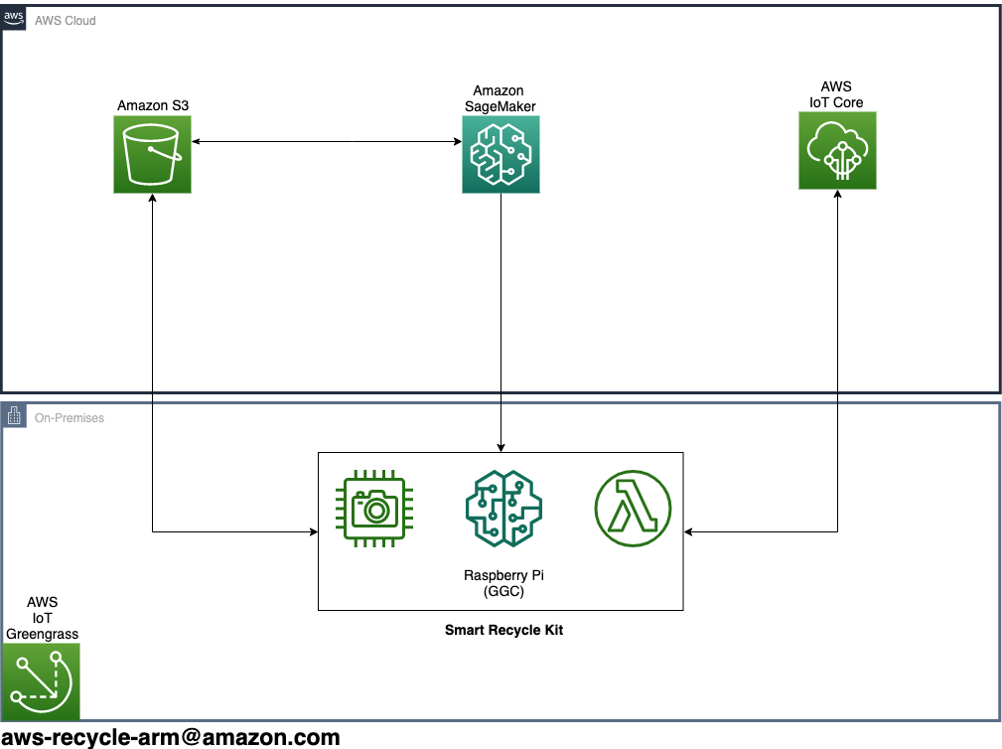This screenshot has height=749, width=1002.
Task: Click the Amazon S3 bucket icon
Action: [152, 154]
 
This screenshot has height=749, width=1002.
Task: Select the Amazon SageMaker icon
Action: [501, 154]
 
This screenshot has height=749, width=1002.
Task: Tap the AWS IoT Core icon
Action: [837, 150]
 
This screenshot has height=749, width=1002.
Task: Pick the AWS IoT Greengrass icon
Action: [41, 681]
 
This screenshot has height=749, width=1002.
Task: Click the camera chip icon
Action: [374, 509]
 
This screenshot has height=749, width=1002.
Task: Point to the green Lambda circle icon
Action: [633, 509]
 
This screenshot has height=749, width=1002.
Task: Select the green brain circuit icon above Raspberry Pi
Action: [503, 509]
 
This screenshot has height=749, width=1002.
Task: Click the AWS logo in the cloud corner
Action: [14, 18]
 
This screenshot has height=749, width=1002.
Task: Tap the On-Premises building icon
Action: [14, 416]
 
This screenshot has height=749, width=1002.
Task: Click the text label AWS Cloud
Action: [66, 21]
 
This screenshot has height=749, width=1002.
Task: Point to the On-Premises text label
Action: [69, 418]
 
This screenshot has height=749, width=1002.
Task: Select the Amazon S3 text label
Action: [153, 105]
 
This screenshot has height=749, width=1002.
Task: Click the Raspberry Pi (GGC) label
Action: [503, 583]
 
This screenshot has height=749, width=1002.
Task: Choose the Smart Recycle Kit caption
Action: [503, 630]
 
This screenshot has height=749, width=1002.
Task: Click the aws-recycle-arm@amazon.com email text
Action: [171, 737]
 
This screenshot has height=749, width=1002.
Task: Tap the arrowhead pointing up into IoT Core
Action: [837, 194]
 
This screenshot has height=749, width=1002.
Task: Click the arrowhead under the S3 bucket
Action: [152, 198]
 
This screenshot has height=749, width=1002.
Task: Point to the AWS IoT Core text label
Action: [836, 94]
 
